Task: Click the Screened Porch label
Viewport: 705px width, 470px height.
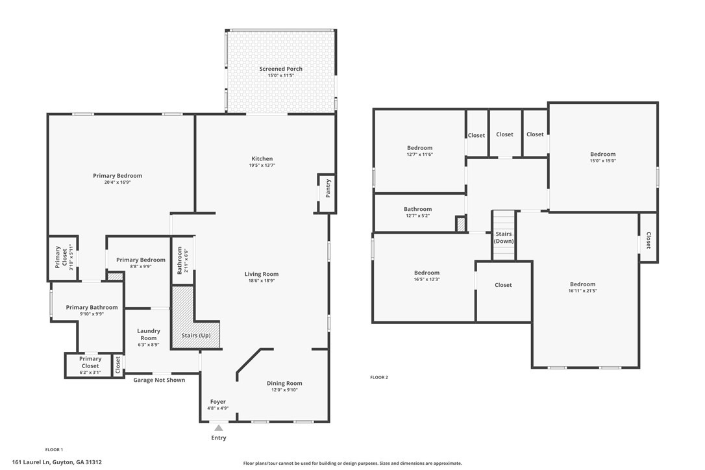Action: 280,69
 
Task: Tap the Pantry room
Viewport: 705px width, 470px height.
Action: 328,188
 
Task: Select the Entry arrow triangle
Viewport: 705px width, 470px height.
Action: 219,428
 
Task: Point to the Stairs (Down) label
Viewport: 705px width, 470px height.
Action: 504,237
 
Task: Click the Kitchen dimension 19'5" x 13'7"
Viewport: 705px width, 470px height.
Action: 262,166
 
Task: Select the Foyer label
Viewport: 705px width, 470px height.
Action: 217,402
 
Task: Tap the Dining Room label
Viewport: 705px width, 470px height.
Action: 284,383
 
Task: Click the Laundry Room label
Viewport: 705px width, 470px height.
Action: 148,334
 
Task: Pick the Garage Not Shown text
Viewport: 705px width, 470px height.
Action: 159,380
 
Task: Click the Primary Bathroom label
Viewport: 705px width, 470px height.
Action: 92,307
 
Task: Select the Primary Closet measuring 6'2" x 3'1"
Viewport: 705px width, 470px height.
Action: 90,365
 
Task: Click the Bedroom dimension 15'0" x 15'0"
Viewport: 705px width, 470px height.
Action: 602,161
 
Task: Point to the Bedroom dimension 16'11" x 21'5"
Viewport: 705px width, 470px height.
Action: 582,291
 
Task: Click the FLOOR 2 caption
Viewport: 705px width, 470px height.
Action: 379,377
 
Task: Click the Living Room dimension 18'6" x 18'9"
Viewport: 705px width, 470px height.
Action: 262,281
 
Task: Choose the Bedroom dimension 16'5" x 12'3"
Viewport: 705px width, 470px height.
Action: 427,279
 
